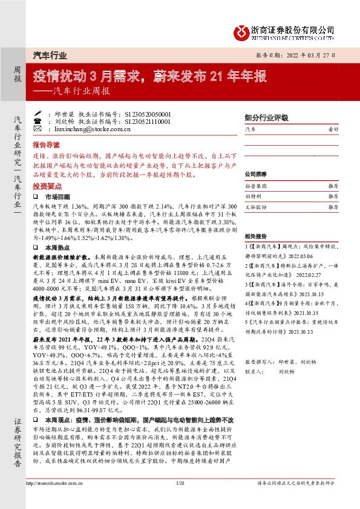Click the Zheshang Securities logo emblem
243,28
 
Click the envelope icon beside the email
38,129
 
